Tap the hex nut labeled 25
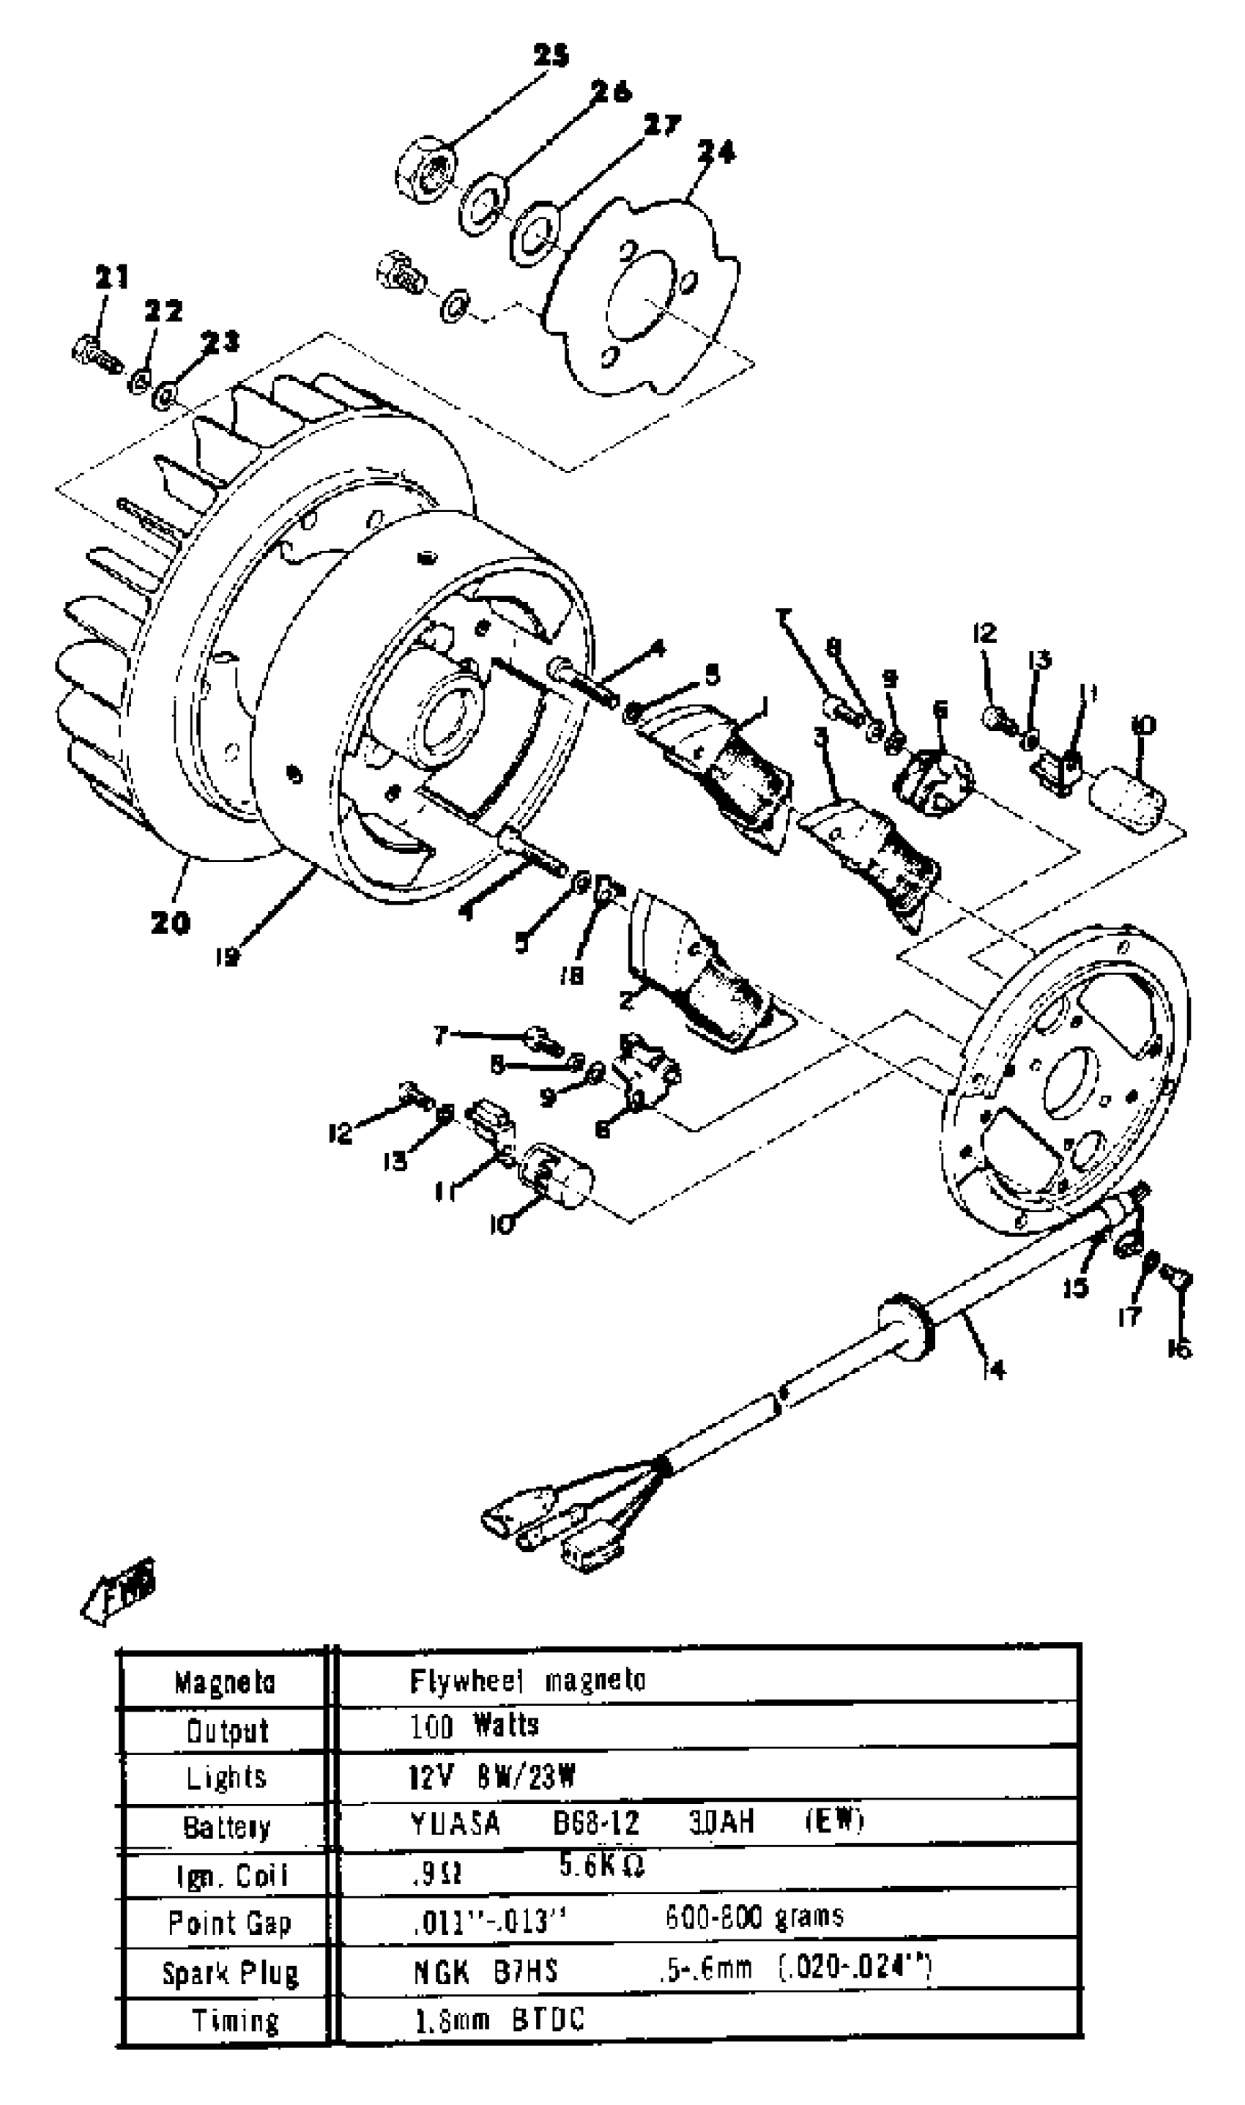(x=424, y=171)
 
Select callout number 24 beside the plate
(x=716, y=152)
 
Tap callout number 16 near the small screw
(x=1179, y=1349)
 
